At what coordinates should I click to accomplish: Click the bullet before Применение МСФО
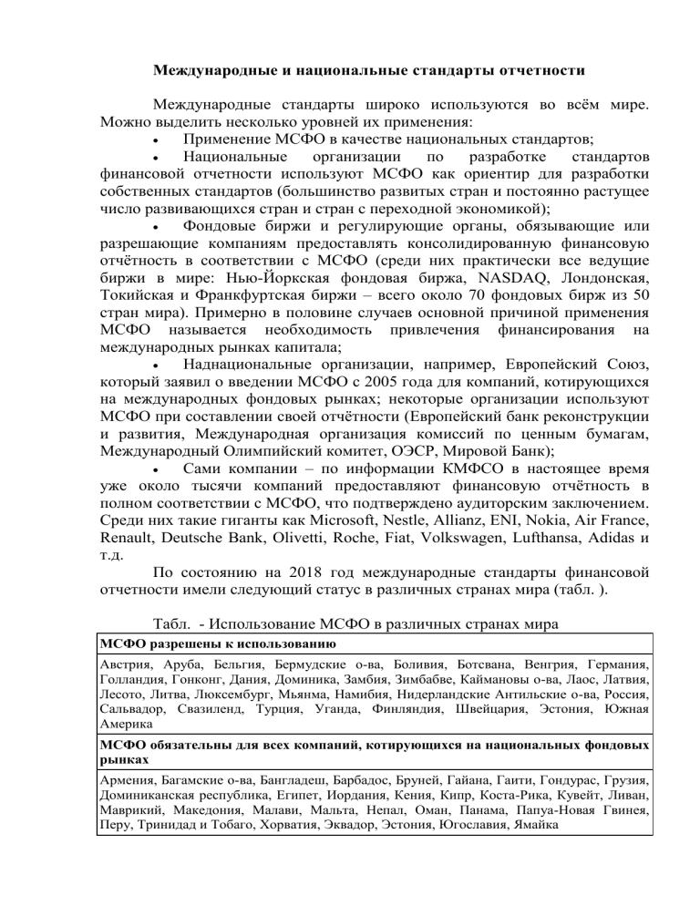click(x=159, y=140)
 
